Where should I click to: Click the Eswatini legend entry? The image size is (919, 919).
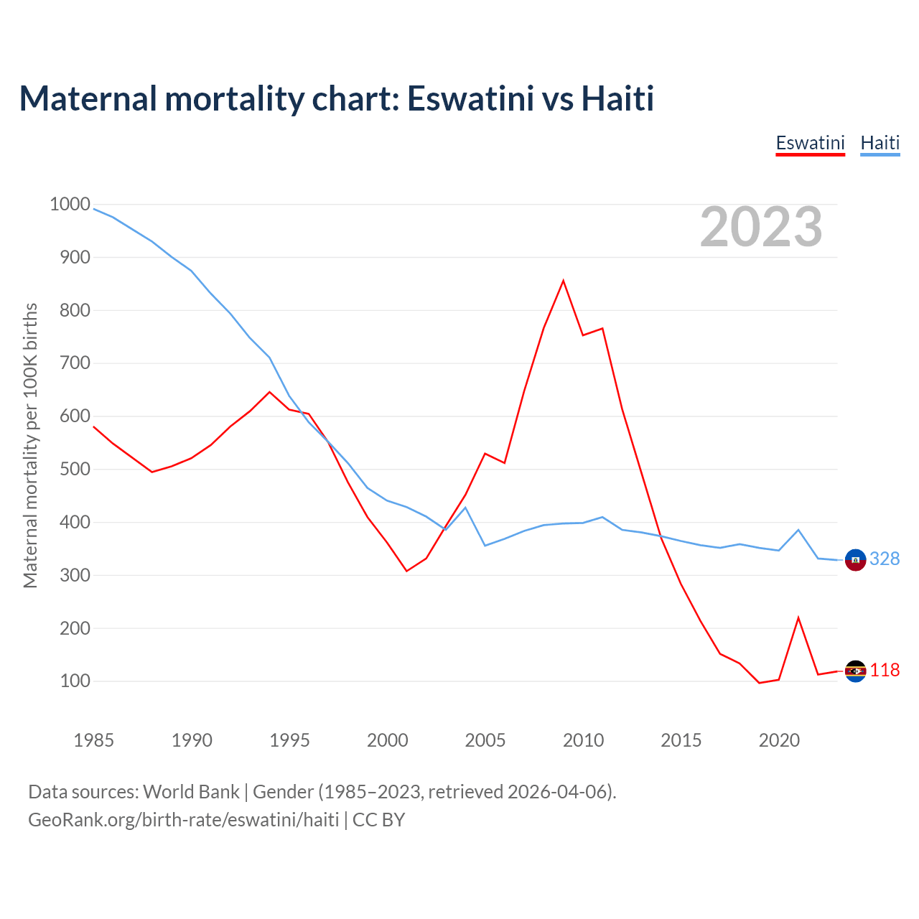click(x=810, y=143)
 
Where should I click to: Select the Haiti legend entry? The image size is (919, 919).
click(x=880, y=143)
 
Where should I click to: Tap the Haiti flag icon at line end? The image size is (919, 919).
click(x=855, y=559)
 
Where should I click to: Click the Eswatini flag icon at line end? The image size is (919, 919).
click(x=855, y=671)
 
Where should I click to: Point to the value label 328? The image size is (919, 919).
click(x=885, y=559)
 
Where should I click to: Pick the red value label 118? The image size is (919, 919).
click(x=885, y=670)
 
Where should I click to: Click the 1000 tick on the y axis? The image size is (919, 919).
click(x=70, y=204)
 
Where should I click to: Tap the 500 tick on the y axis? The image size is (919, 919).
click(x=75, y=469)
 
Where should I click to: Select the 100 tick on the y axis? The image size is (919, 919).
click(x=75, y=681)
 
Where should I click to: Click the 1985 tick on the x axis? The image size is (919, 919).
click(x=93, y=740)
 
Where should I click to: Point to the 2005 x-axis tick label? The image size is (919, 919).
click(x=485, y=740)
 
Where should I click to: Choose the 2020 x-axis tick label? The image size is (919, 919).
click(x=779, y=740)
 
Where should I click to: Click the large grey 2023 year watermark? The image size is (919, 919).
click(x=761, y=227)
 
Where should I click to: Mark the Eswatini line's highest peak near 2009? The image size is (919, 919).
click(x=564, y=280)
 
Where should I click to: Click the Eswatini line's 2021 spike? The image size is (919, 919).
click(x=798, y=617)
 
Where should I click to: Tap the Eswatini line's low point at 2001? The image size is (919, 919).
click(x=406, y=571)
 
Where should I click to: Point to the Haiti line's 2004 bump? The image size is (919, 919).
click(x=465, y=508)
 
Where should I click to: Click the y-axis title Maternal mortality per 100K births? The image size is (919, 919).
click(x=30, y=445)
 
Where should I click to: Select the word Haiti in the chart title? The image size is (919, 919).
click(x=617, y=98)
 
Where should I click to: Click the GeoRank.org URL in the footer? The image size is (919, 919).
click(x=183, y=819)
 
